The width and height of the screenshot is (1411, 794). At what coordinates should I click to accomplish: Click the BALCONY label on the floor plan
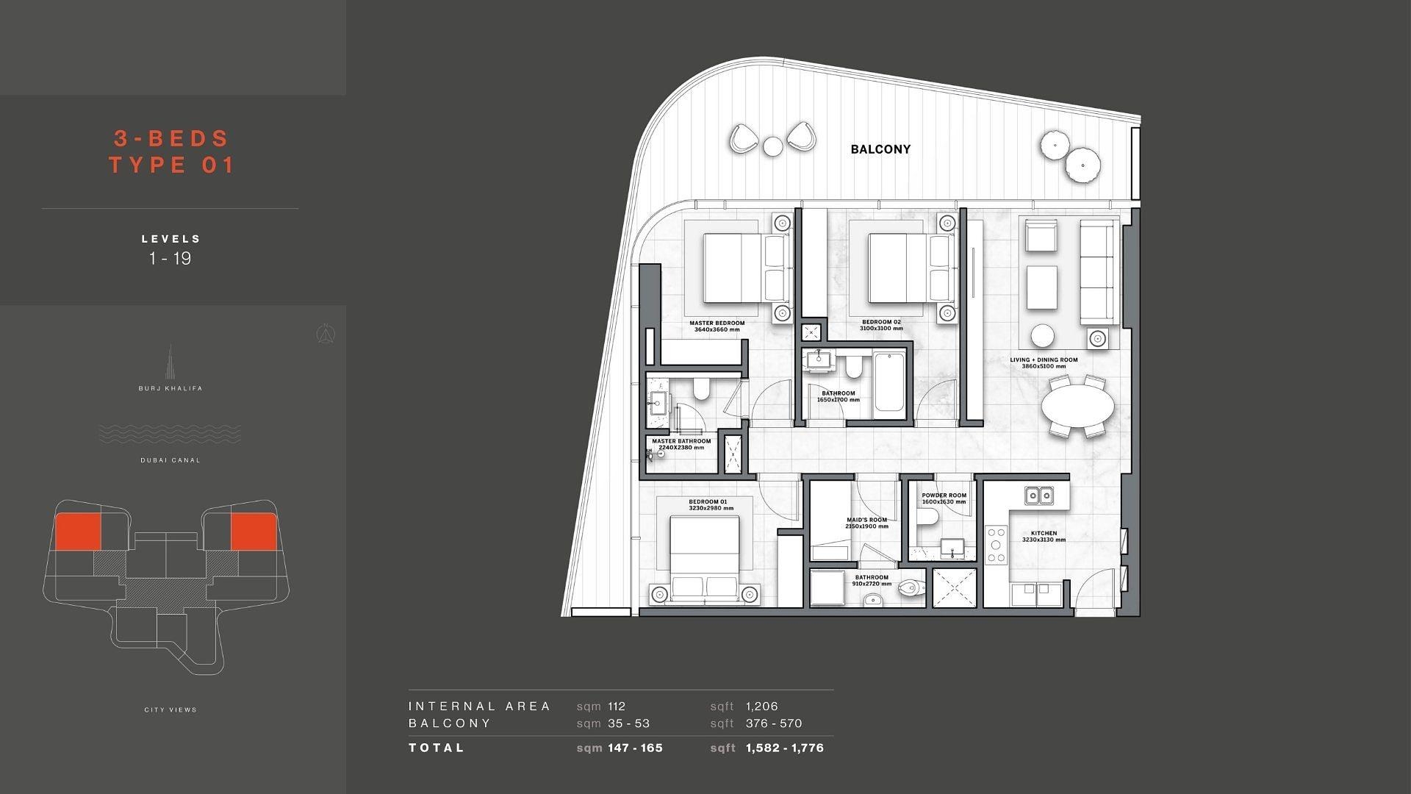880,149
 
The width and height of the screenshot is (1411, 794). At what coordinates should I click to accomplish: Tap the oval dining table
1077,407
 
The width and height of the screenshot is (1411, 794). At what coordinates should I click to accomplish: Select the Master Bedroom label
717,323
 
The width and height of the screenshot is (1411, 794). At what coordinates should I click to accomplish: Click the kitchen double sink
1039,496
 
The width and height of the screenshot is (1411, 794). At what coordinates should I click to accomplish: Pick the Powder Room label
944,496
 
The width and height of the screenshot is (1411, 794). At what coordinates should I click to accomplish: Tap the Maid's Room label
866,520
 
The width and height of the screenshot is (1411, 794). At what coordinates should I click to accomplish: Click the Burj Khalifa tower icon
170,362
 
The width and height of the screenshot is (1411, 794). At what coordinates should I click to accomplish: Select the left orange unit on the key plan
78,532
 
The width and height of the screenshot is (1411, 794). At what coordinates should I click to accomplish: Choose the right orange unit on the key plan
254,532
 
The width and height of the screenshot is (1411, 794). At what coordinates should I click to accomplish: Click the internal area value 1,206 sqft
761,707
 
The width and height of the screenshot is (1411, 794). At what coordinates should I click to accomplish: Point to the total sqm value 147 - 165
635,748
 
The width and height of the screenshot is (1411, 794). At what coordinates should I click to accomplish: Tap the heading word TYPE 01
171,165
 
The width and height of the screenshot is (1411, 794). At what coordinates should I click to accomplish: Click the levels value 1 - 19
170,258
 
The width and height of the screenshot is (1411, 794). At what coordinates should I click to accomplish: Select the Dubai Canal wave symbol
170,434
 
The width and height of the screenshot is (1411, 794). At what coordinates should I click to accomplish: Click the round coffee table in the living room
1042,336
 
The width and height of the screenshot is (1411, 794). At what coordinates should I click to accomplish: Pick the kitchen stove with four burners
996,545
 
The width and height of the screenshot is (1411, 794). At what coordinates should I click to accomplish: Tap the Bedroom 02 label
881,322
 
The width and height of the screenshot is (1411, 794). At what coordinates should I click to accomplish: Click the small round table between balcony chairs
772,147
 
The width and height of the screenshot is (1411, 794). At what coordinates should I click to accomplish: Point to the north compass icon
326,334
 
